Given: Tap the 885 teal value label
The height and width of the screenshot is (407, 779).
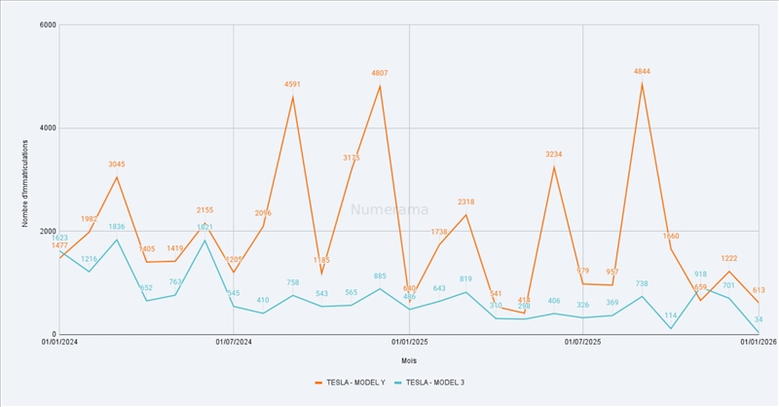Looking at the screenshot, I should [x=380, y=277].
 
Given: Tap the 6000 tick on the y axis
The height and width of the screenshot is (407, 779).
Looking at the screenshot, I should [x=45, y=25].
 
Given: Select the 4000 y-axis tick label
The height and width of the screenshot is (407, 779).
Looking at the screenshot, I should [x=45, y=129].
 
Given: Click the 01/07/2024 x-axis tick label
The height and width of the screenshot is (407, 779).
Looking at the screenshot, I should [x=234, y=342].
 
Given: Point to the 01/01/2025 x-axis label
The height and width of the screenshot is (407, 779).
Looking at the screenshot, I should [x=409, y=342].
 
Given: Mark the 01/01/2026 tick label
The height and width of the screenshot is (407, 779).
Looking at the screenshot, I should [x=758, y=342].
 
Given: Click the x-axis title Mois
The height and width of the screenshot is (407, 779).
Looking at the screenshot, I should [x=409, y=360].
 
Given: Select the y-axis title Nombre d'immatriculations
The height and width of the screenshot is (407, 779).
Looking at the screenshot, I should [x=26, y=180].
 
